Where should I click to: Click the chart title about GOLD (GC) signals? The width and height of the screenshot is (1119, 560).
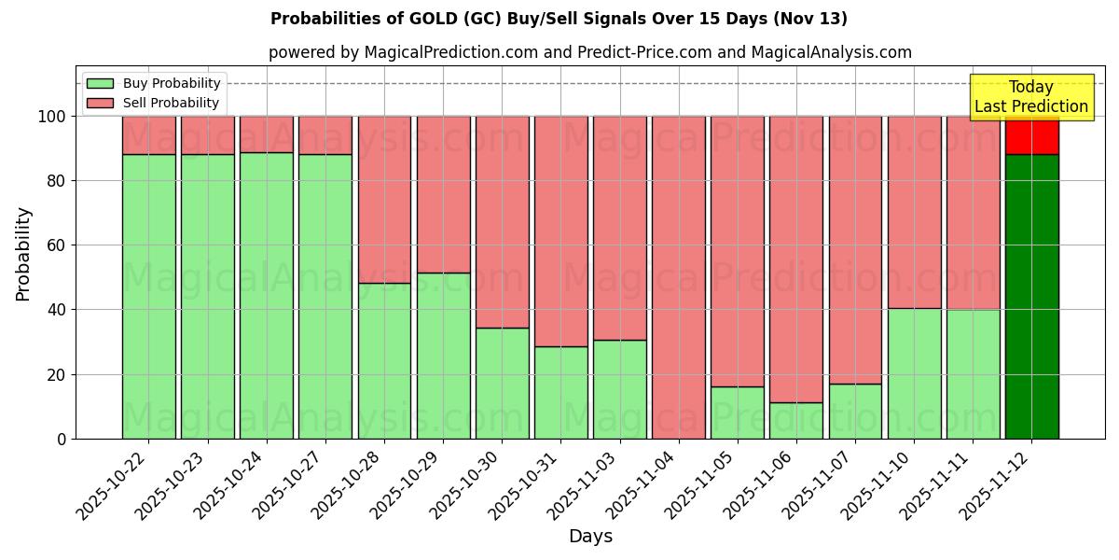point(559,19)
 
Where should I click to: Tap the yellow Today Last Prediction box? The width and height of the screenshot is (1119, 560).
point(1031,97)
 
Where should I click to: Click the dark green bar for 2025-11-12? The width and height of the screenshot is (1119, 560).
point(1031,297)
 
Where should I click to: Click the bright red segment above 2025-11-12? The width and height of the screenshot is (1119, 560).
point(1031,135)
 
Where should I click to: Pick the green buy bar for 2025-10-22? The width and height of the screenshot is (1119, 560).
point(149,297)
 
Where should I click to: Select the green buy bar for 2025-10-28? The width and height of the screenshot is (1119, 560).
point(384,360)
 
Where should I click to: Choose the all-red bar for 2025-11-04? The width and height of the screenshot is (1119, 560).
point(679,277)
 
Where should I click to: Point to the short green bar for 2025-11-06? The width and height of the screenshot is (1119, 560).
point(796,421)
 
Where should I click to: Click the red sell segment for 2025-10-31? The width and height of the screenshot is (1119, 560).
point(561,231)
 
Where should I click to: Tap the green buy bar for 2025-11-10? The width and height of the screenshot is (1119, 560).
point(914,373)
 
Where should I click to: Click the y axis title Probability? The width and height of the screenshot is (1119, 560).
point(23,254)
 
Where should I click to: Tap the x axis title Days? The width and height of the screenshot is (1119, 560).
point(590,537)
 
